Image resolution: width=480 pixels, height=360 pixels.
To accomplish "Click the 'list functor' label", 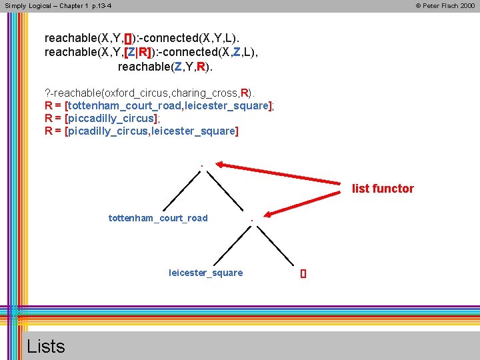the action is tap(383, 189).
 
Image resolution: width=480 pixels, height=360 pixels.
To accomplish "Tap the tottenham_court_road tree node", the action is tap(158, 218).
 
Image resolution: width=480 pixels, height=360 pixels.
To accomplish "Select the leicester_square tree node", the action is tap(205, 273).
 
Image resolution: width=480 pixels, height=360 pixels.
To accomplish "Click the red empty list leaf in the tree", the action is tap(303, 273).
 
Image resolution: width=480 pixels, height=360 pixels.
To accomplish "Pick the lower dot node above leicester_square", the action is tap(251, 220).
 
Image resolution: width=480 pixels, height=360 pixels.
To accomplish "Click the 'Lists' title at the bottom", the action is tap(46, 346).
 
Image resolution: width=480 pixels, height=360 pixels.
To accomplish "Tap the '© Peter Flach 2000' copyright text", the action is tap(445, 5).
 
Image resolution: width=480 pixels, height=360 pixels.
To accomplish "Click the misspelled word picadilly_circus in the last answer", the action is tap(108, 131).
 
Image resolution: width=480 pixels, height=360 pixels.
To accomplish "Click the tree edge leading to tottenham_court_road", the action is tap(178, 191).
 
